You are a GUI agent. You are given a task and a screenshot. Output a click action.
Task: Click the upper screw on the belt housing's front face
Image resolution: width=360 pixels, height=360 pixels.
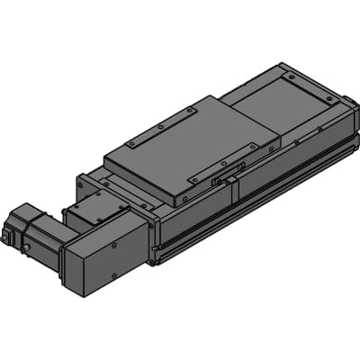coord(115,244)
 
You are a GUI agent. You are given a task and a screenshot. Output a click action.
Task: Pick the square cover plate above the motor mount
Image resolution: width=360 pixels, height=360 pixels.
coord(94,210)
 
